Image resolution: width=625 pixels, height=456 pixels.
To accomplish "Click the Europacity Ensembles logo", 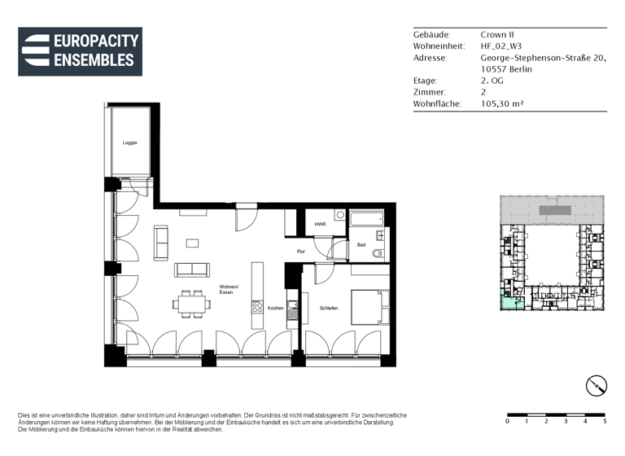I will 80,52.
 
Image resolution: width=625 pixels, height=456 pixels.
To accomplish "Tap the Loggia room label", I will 129,142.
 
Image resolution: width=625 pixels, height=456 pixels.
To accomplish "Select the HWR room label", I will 320,224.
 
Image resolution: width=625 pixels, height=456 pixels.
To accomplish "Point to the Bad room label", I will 361,244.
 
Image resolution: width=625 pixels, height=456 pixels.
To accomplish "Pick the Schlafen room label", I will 329,308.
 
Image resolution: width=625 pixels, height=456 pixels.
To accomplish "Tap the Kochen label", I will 275,308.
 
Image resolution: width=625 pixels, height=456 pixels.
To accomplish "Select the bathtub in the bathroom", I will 367,218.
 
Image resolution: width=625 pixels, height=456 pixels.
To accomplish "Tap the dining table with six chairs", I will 191,304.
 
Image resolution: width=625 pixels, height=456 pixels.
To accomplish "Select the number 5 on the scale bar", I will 605,422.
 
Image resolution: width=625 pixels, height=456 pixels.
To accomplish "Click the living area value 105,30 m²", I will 501,104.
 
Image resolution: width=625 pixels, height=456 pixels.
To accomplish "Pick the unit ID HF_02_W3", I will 501,46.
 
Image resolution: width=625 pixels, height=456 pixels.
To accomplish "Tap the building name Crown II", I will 498,35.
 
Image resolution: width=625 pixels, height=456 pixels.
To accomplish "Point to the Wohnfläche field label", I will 438,104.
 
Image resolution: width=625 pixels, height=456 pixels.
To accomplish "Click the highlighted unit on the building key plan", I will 511,301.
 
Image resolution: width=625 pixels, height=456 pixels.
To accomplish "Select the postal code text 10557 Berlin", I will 506,69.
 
